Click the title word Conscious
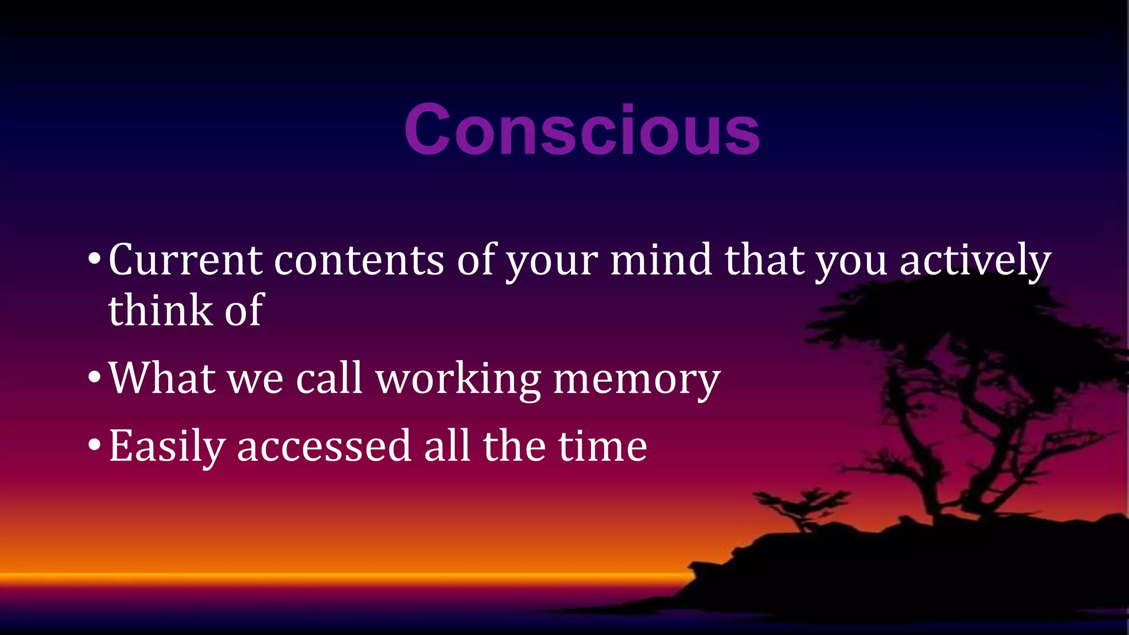(x=582, y=131)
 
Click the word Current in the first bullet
(x=185, y=260)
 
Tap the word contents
(x=359, y=260)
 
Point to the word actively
(x=975, y=261)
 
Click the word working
(x=458, y=380)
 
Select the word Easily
(x=167, y=446)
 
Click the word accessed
(x=324, y=446)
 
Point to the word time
(x=603, y=446)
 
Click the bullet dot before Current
(x=94, y=260)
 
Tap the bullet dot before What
(x=94, y=378)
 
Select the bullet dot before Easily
(x=94, y=446)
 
